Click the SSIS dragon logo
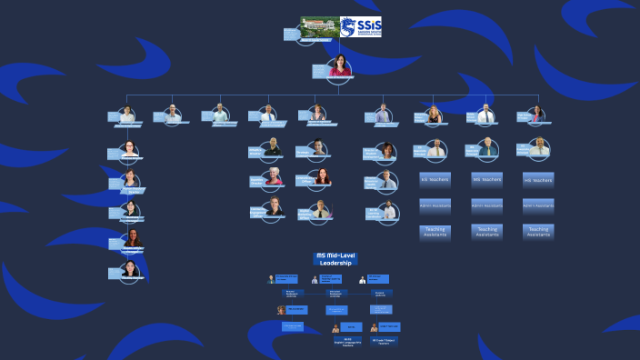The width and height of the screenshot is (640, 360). coord(361,26)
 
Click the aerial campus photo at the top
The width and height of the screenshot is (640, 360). coord(319,26)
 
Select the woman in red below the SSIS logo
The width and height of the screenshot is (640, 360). coord(339,66)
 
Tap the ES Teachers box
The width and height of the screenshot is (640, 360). coord(435,179)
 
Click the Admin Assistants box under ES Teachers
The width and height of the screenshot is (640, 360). coord(435,205)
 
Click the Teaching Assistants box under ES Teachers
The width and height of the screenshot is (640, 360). coord(435,232)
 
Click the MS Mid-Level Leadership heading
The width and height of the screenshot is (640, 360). coord(334,260)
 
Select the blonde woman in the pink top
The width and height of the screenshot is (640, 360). coord(274,177)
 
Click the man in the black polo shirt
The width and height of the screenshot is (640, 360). coord(274,146)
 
